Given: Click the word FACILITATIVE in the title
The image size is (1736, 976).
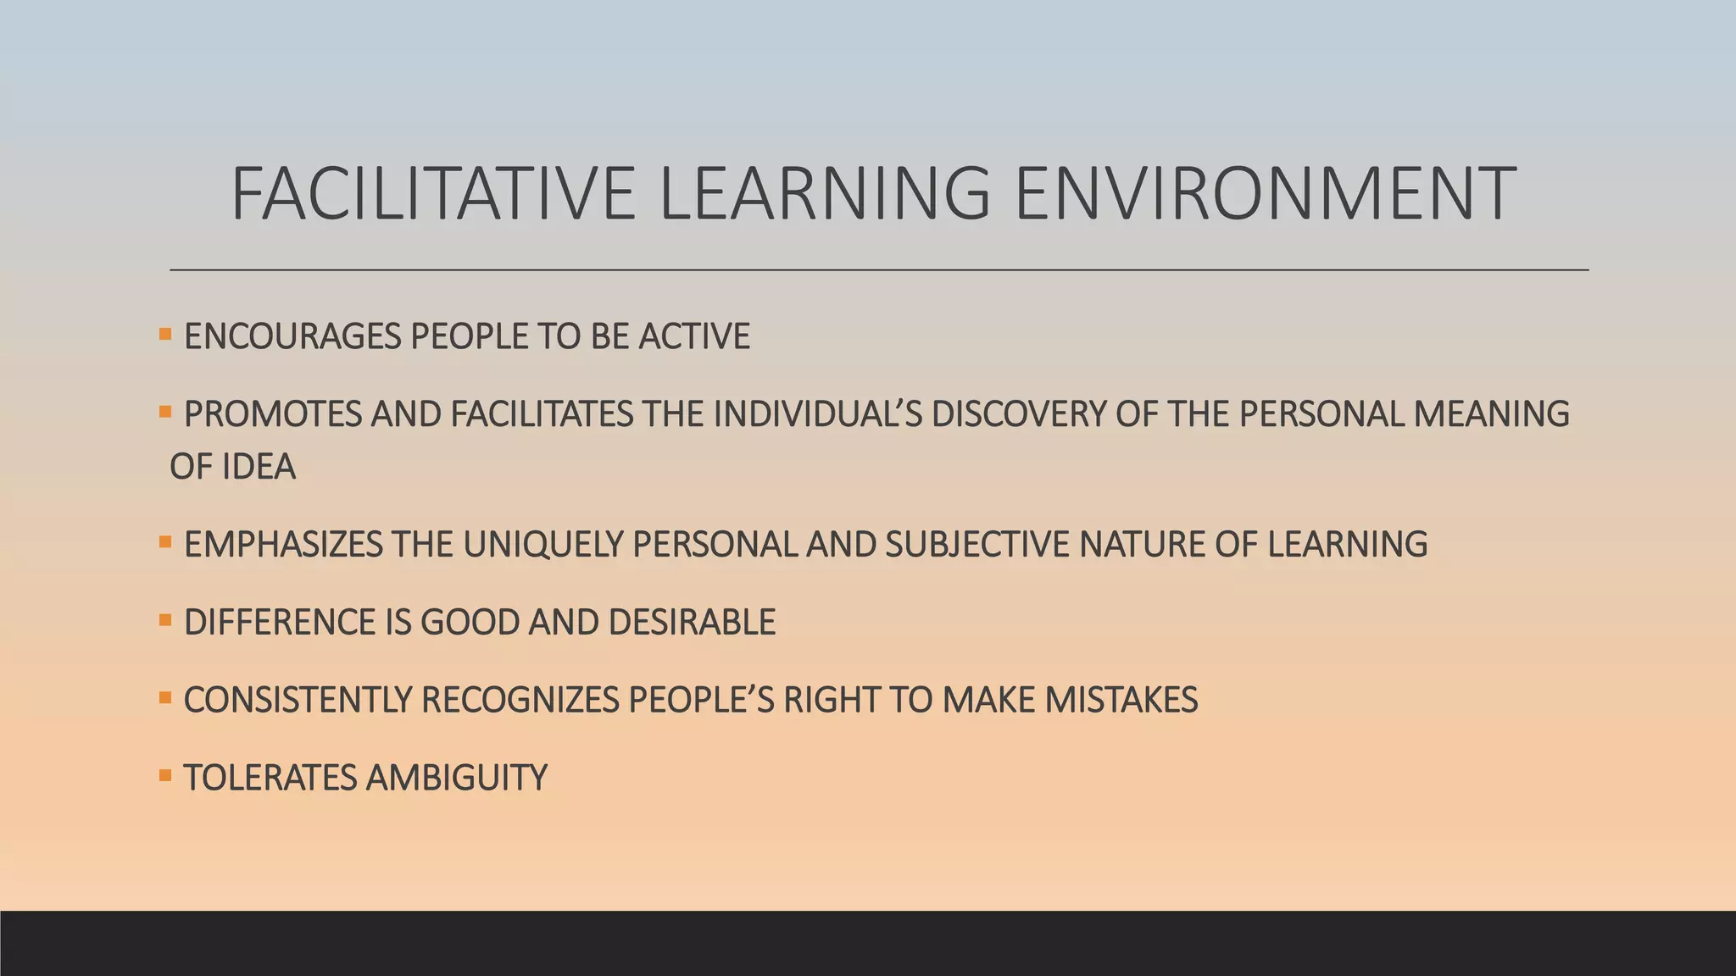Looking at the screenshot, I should pos(432,194).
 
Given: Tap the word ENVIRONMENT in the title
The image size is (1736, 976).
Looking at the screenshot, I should pos(1265,194).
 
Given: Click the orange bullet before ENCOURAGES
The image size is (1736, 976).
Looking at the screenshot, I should pos(165,335).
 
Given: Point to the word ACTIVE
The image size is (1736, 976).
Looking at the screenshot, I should pos(694,337).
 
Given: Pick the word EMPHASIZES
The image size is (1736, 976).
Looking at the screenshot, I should pos(283,545).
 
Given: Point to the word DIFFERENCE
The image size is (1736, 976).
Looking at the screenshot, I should pos(280,623).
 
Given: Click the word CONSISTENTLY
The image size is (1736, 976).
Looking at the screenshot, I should pos(297,701).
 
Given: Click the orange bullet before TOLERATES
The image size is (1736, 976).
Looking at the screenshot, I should pos(165,775).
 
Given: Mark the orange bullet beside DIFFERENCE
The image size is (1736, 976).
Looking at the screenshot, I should pos(165,620).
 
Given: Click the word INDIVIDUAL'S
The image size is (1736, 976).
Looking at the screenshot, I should pos(817,414).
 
